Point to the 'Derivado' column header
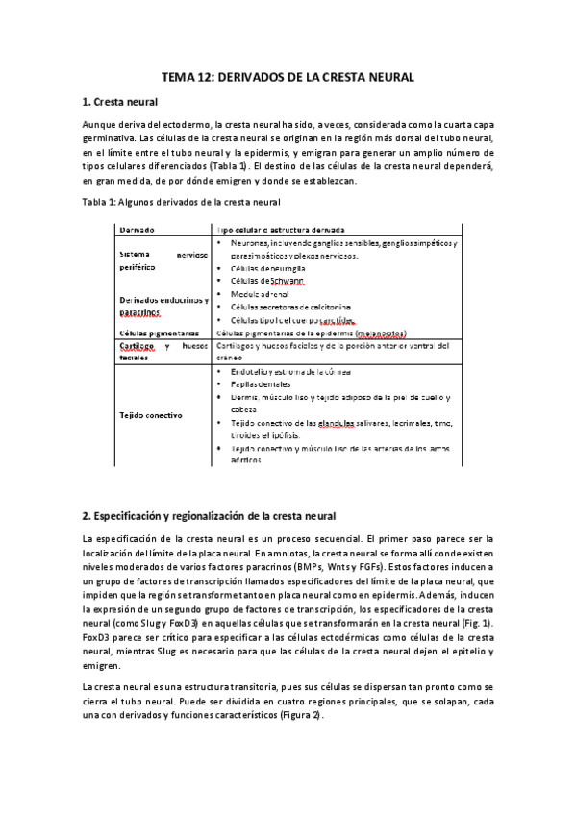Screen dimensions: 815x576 click(138, 230)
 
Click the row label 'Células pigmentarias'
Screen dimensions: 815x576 click(154, 333)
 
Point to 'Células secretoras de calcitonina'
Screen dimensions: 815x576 click(293, 307)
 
